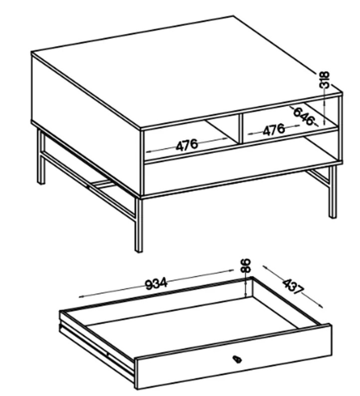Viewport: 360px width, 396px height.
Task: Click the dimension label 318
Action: pyautogui.click(x=325, y=80)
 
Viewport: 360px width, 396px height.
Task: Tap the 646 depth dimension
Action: pyautogui.click(x=304, y=116)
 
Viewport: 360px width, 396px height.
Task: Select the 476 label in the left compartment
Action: pyautogui.click(x=187, y=146)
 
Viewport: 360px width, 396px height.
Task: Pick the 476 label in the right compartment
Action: pyautogui.click(x=274, y=130)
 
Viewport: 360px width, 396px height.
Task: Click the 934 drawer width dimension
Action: pyautogui.click(x=157, y=284)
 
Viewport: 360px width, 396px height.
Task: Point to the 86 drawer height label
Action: pyautogui.click(x=246, y=265)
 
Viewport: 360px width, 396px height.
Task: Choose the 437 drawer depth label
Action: pyautogui.click(x=293, y=286)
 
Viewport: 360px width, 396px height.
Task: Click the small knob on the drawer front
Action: pyautogui.click(x=237, y=359)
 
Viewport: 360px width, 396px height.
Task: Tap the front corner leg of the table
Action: pyautogui.click(x=139, y=225)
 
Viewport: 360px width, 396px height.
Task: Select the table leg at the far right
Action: pyautogui.click(x=333, y=192)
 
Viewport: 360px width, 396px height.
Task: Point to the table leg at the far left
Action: pyautogui.click(x=41, y=157)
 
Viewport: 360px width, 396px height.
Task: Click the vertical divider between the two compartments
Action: pyautogui.click(x=240, y=129)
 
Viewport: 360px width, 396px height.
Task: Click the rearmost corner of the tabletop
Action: pyautogui.click(x=233, y=16)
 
